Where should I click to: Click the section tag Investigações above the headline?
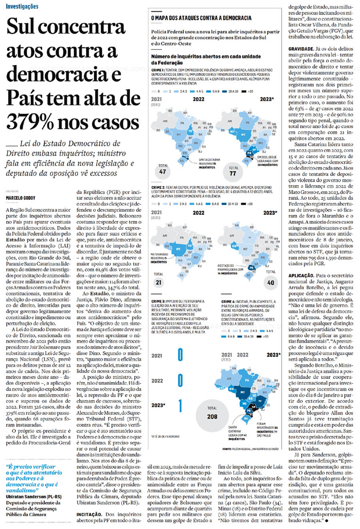22,6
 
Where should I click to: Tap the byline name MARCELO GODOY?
20,198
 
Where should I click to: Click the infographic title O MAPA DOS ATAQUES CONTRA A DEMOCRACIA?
201,18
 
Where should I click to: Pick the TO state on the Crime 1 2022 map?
190,131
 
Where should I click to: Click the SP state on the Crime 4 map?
253,407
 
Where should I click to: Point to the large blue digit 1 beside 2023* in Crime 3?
180,405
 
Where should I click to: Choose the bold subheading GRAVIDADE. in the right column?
300,49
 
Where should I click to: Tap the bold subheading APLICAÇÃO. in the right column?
301,276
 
